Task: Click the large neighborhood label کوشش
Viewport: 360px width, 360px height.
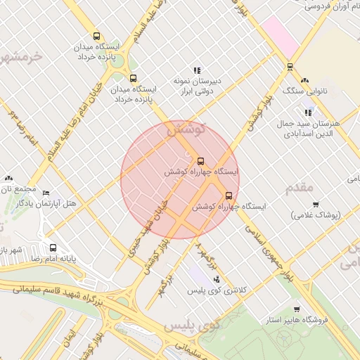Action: [x=186, y=130]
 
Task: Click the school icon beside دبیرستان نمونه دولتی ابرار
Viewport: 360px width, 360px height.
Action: [x=198, y=70]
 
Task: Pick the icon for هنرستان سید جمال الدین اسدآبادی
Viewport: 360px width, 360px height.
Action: [x=308, y=112]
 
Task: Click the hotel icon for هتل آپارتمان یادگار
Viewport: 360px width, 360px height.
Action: [x=46, y=193]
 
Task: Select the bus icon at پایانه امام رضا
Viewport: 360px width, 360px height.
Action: [x=53, y=247]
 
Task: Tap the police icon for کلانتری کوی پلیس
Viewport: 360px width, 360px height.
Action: [x=216, y=279]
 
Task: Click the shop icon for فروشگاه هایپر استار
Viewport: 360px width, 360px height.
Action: [x=297, y=309]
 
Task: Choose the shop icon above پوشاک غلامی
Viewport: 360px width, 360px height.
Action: [x=315, y=205]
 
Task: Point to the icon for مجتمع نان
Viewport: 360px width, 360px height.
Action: [x=8, y=179]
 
